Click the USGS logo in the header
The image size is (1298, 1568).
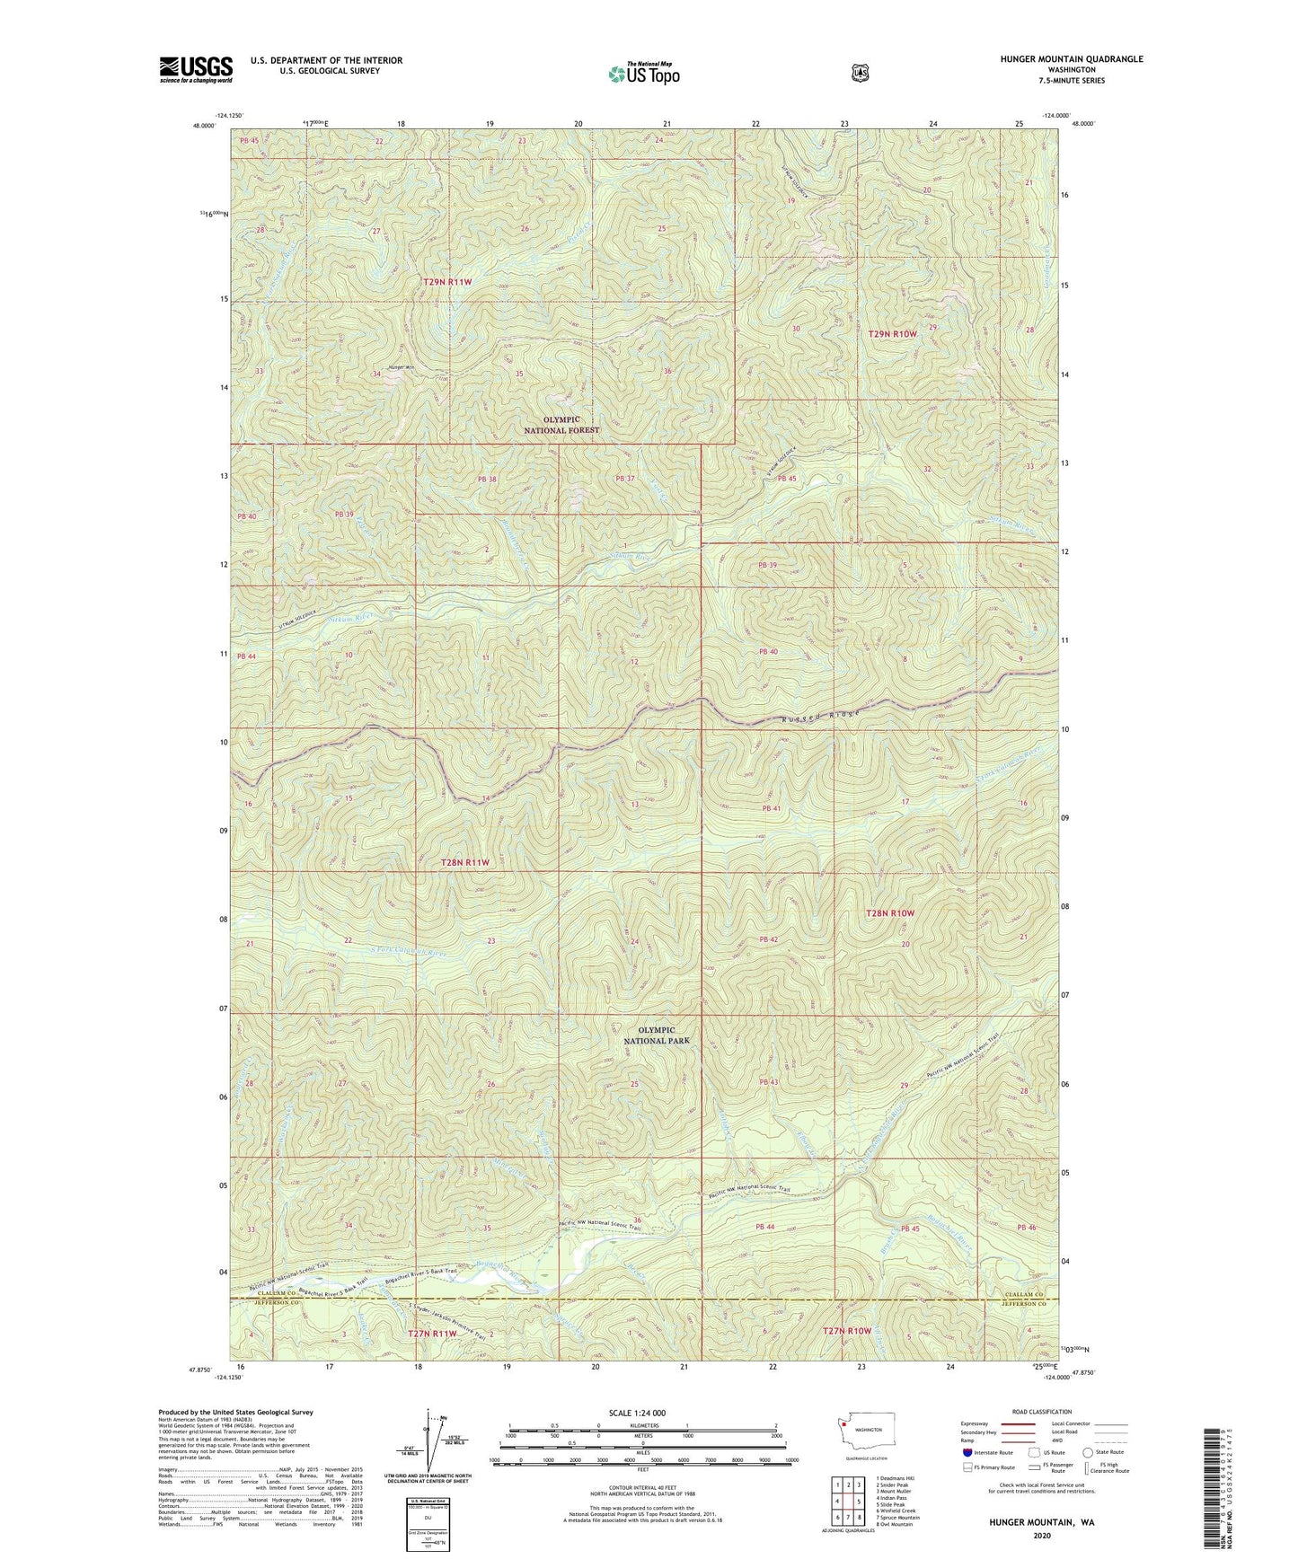point(196,69)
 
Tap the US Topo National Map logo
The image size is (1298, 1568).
point(643,73)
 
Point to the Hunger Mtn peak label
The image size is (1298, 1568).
point(400,366)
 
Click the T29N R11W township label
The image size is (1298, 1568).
point(448,282)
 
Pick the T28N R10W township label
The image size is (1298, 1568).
point(889,913)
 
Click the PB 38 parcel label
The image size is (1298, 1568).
point(487,480)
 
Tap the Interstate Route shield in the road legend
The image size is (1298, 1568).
point(966,1452)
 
